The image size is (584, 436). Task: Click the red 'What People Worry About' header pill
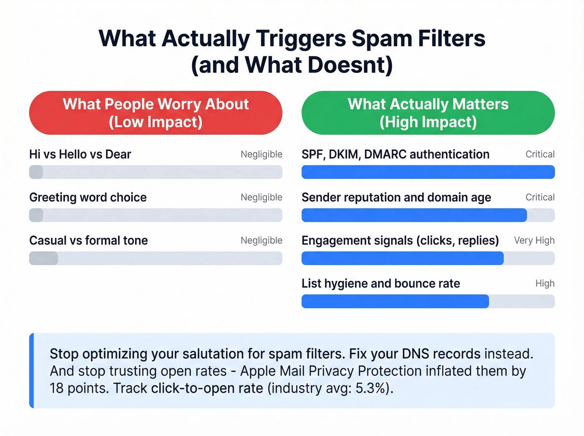(x=156, y=113)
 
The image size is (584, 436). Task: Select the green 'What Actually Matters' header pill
(x=428, y=113)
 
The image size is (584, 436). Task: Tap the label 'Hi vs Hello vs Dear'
(x=80, y=154)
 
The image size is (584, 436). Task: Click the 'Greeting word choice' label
(x=88, y=197)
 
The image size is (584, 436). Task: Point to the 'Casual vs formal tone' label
(x=88, y=240)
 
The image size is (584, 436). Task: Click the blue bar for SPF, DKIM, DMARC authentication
(x=428, y=172)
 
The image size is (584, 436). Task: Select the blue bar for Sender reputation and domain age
(x=414, y=215)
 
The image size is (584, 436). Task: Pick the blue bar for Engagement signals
(x=403, y=258)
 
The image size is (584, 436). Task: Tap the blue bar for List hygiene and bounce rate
(x=395, y=301)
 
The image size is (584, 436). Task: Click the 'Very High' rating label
(x=534, y=240)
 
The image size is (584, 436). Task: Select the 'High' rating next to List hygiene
(x=545, y=284)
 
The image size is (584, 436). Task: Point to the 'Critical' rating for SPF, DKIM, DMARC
(x=540, y=154)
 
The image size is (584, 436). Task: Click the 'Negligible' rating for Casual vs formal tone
(x=262, y=240)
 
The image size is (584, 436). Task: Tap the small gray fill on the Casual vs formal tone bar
(x=43, y=258)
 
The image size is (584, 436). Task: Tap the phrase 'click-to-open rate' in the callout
(x=207, y=388)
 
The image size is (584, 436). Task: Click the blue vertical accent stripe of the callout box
(x=31, y=370)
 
